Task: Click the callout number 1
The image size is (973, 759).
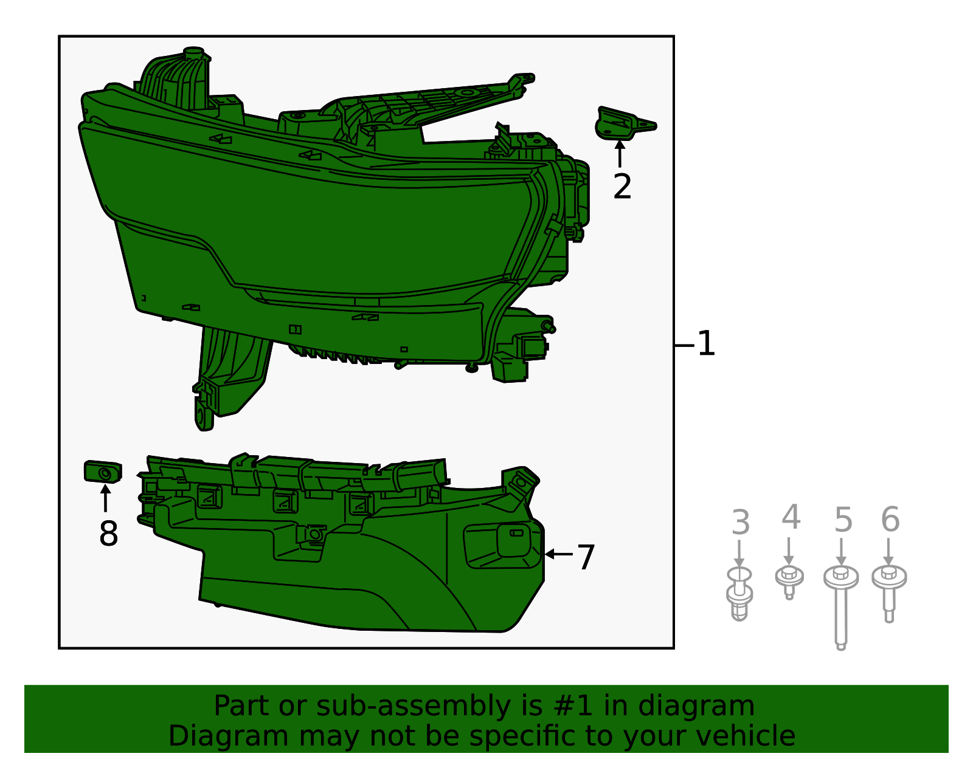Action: coord(705,344)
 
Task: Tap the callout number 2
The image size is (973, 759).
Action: coord(622,187)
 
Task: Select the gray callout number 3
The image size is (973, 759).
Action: coord(740,523)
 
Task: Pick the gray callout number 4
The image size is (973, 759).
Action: coord(791,518)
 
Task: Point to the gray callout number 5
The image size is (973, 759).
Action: coord(843,520)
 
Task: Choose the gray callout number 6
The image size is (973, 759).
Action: coord(890,520)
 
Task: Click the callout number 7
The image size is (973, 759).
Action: coord(586,557)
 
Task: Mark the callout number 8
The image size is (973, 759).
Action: coord(108,534)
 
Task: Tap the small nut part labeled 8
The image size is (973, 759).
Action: coord(103,472)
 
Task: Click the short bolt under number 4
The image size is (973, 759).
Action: coord(789,580)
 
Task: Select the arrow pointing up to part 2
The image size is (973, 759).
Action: coord(620,153)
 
